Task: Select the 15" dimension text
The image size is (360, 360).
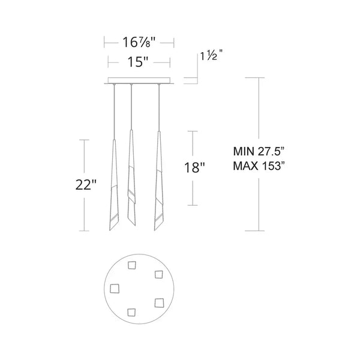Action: coord(139,61)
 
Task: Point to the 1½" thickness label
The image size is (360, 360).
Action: coord(211,56)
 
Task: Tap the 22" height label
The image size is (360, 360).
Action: coord(86,185)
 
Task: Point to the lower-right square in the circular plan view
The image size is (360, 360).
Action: coord(158,302)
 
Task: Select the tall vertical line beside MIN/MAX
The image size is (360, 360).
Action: coord(259,120)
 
